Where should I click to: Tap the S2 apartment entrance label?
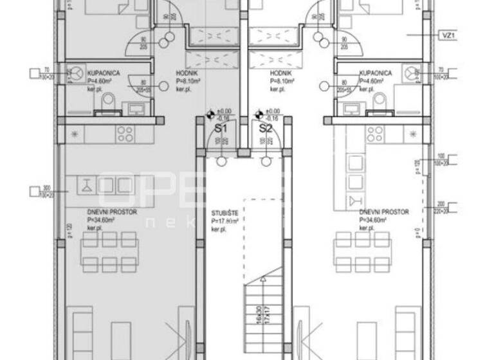266,128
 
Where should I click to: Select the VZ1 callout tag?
449,36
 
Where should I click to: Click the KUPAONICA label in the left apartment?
104,75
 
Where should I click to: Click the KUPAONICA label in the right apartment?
376,75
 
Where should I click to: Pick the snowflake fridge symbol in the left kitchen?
76,134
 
